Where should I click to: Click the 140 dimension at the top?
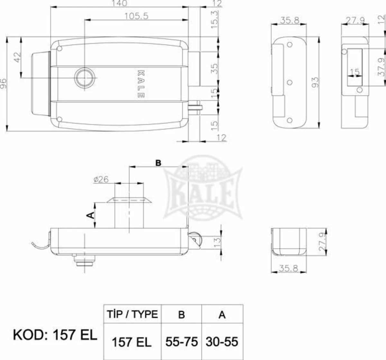[x=119, y=3]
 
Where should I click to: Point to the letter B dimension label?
[x=158, y=163]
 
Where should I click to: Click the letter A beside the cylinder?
[x=91, y=215]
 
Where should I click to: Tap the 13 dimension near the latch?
[x=217, y=240]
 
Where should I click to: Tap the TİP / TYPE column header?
[x=132, y=314]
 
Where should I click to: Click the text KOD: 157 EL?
[x=55, y=335]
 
